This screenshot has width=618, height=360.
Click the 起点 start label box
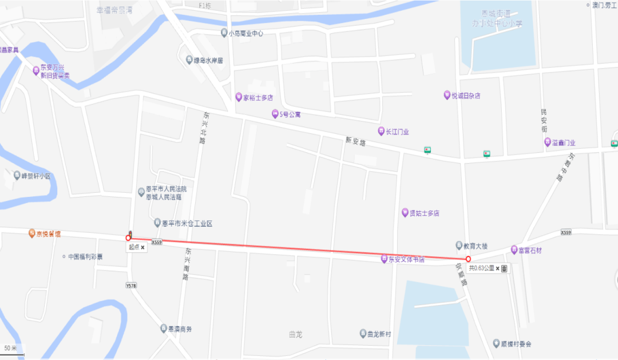pyautogui.click(x=136, y=248)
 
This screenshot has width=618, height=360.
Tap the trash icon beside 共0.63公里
pyautogui.click(x=504, y=268)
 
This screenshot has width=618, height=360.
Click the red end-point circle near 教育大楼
pyautogui.click(x=469, y=259)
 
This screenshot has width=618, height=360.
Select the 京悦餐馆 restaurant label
pyautogui.click(x=49, y=234)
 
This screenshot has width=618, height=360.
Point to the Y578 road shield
pyautogui.click(x=131, y=284)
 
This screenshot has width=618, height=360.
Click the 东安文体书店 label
pyautogui.click(x=406, y=259)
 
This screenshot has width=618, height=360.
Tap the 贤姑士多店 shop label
pyautogui.click(x=424, y=213)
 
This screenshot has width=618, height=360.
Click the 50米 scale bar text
pyautogui.click(x=11, y=348)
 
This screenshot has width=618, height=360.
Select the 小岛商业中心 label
pyautogui.click(x=245, y=33)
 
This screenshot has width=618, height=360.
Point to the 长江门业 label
pyautogui.click(x=397, y=132)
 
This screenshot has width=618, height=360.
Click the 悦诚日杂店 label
pyautogui.click(x=465, y=96)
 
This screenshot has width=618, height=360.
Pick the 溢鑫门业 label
pyautogui.click(x=564, y=143)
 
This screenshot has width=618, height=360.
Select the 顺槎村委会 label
pyautogui.click(x=516, y=344)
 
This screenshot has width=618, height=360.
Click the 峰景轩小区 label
pyautogui.click(x=36, y=176)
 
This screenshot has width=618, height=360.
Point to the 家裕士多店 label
pyautogui.click(x=258, y=97)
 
